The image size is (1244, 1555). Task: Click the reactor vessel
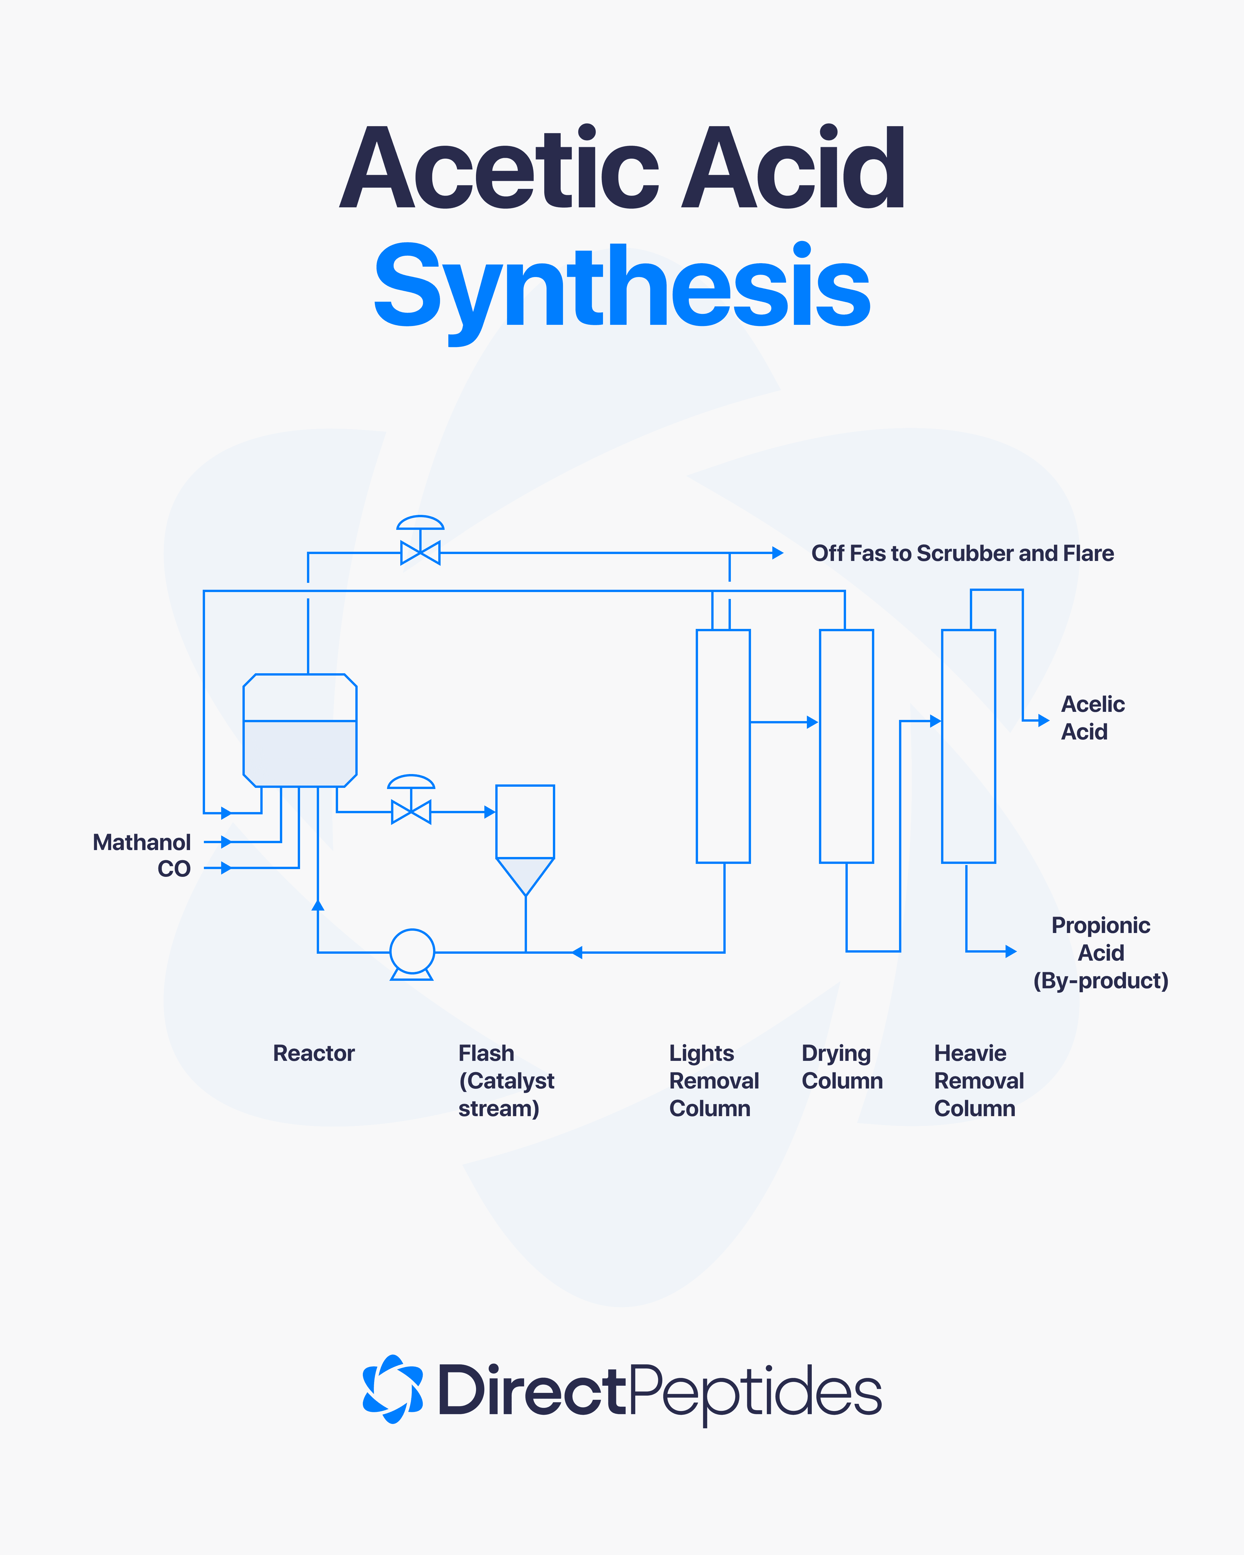click(300, 730)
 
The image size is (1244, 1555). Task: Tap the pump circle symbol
click(412, 951)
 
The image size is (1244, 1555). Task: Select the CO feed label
click(174, 868)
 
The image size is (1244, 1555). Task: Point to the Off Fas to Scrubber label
click(962, 553)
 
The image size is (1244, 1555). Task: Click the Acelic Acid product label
click(1092, 718)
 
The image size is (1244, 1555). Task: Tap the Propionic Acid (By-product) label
click(1101, 952)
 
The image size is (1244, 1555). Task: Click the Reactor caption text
click(314, 1053)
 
